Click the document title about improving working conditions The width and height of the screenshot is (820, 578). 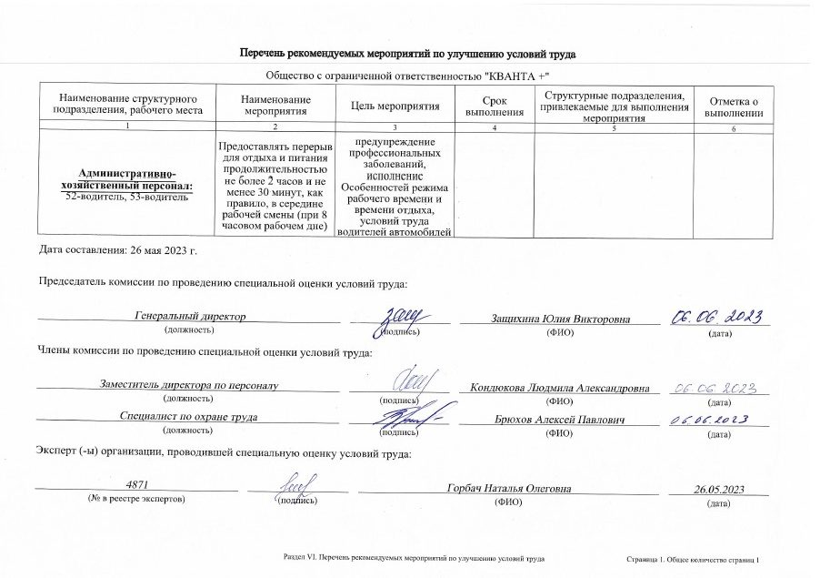click(407, 55)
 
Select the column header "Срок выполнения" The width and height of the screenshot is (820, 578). click(494, 106)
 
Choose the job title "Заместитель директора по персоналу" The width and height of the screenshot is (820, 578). click(190, 386)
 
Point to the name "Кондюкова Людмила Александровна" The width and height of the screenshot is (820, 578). click(560, 388)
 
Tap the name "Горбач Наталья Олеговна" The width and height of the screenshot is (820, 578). click(509, 490)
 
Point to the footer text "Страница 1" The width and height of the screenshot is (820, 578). click(648, 555)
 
